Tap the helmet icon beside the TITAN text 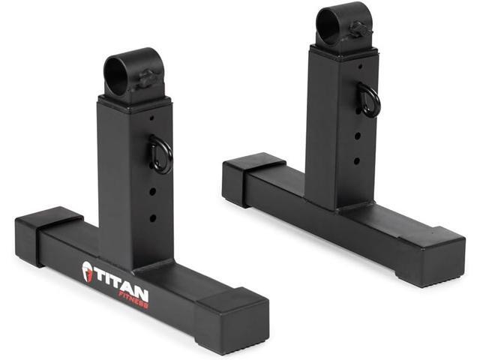tap(88, 271)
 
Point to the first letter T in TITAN tap(100, 273)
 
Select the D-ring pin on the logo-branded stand tap(160, 153)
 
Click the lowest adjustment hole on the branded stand tap(152, 218)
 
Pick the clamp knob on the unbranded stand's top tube tap(358, 31)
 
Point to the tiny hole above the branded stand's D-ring tap(151, 118)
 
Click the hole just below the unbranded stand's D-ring tap(358, 136)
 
